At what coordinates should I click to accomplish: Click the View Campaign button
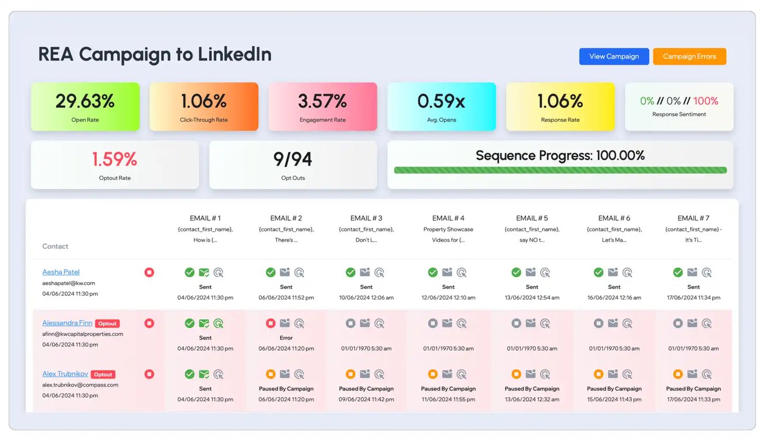click(614, 57)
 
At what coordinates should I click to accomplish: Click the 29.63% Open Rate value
click(85, 101)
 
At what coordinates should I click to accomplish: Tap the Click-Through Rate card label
click(204, 120)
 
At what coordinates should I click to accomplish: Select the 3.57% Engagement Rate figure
click(322, 101)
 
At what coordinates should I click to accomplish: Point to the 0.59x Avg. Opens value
click(441, 101)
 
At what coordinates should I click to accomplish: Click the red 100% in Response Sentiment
click(706, 101)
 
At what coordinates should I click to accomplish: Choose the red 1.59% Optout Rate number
click(115, 159)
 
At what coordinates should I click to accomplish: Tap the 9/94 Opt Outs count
click(293, 159)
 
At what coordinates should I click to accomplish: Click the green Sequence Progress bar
click(560, 170)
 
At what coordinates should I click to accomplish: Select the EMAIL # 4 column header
click(448, 218)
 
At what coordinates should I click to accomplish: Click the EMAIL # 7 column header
click(693, 218)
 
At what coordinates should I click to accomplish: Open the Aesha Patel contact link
click(61, 272)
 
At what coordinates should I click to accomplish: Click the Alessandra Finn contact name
click(67, 323)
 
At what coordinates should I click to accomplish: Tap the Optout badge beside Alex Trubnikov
click(104, 374)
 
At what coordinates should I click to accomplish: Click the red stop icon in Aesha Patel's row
click(149, 272)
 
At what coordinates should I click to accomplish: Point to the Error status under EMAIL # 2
click(286, 338)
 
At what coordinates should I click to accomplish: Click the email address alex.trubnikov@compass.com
click(80, 385)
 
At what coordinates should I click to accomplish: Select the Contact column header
click(55, 246)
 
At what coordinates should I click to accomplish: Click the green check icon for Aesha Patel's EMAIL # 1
click(190, 272)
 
